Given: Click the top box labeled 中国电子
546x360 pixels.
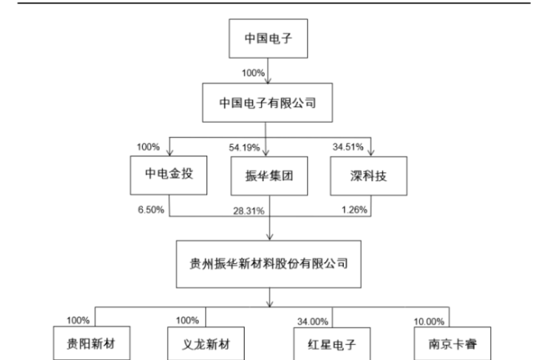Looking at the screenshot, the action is point(268,38).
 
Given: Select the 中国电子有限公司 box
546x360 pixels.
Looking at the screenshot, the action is point(267,103).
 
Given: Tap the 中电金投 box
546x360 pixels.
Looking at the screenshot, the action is point(169,175).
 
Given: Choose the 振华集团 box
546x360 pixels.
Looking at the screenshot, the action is point(269,176).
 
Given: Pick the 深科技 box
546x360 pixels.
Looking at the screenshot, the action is point(368,176).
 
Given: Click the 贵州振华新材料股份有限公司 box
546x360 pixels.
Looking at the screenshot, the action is point(269,264).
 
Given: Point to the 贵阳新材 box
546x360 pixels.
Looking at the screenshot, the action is point(92,343).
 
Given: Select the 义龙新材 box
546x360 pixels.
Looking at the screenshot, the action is point(206,343).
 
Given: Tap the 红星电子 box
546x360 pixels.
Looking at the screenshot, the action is point(331,344).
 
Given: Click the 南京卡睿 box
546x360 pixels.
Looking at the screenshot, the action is point(452,343).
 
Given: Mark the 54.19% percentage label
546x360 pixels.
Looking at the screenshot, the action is point(244,148).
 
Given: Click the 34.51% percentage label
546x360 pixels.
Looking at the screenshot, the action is point(348,147).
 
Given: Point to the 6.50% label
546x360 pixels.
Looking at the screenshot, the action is point(151,210).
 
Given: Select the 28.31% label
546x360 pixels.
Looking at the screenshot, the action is point(249,211).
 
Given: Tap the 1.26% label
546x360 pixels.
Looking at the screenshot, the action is point(354,210).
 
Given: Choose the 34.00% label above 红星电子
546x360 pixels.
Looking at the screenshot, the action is point(313,322).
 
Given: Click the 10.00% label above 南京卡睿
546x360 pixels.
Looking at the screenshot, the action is point(429,322).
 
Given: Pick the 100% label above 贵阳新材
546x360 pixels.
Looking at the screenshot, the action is point(78,320).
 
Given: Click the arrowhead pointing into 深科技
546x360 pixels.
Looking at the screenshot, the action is point(371,153).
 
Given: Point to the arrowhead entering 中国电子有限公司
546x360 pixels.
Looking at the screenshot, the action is point(268,80).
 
